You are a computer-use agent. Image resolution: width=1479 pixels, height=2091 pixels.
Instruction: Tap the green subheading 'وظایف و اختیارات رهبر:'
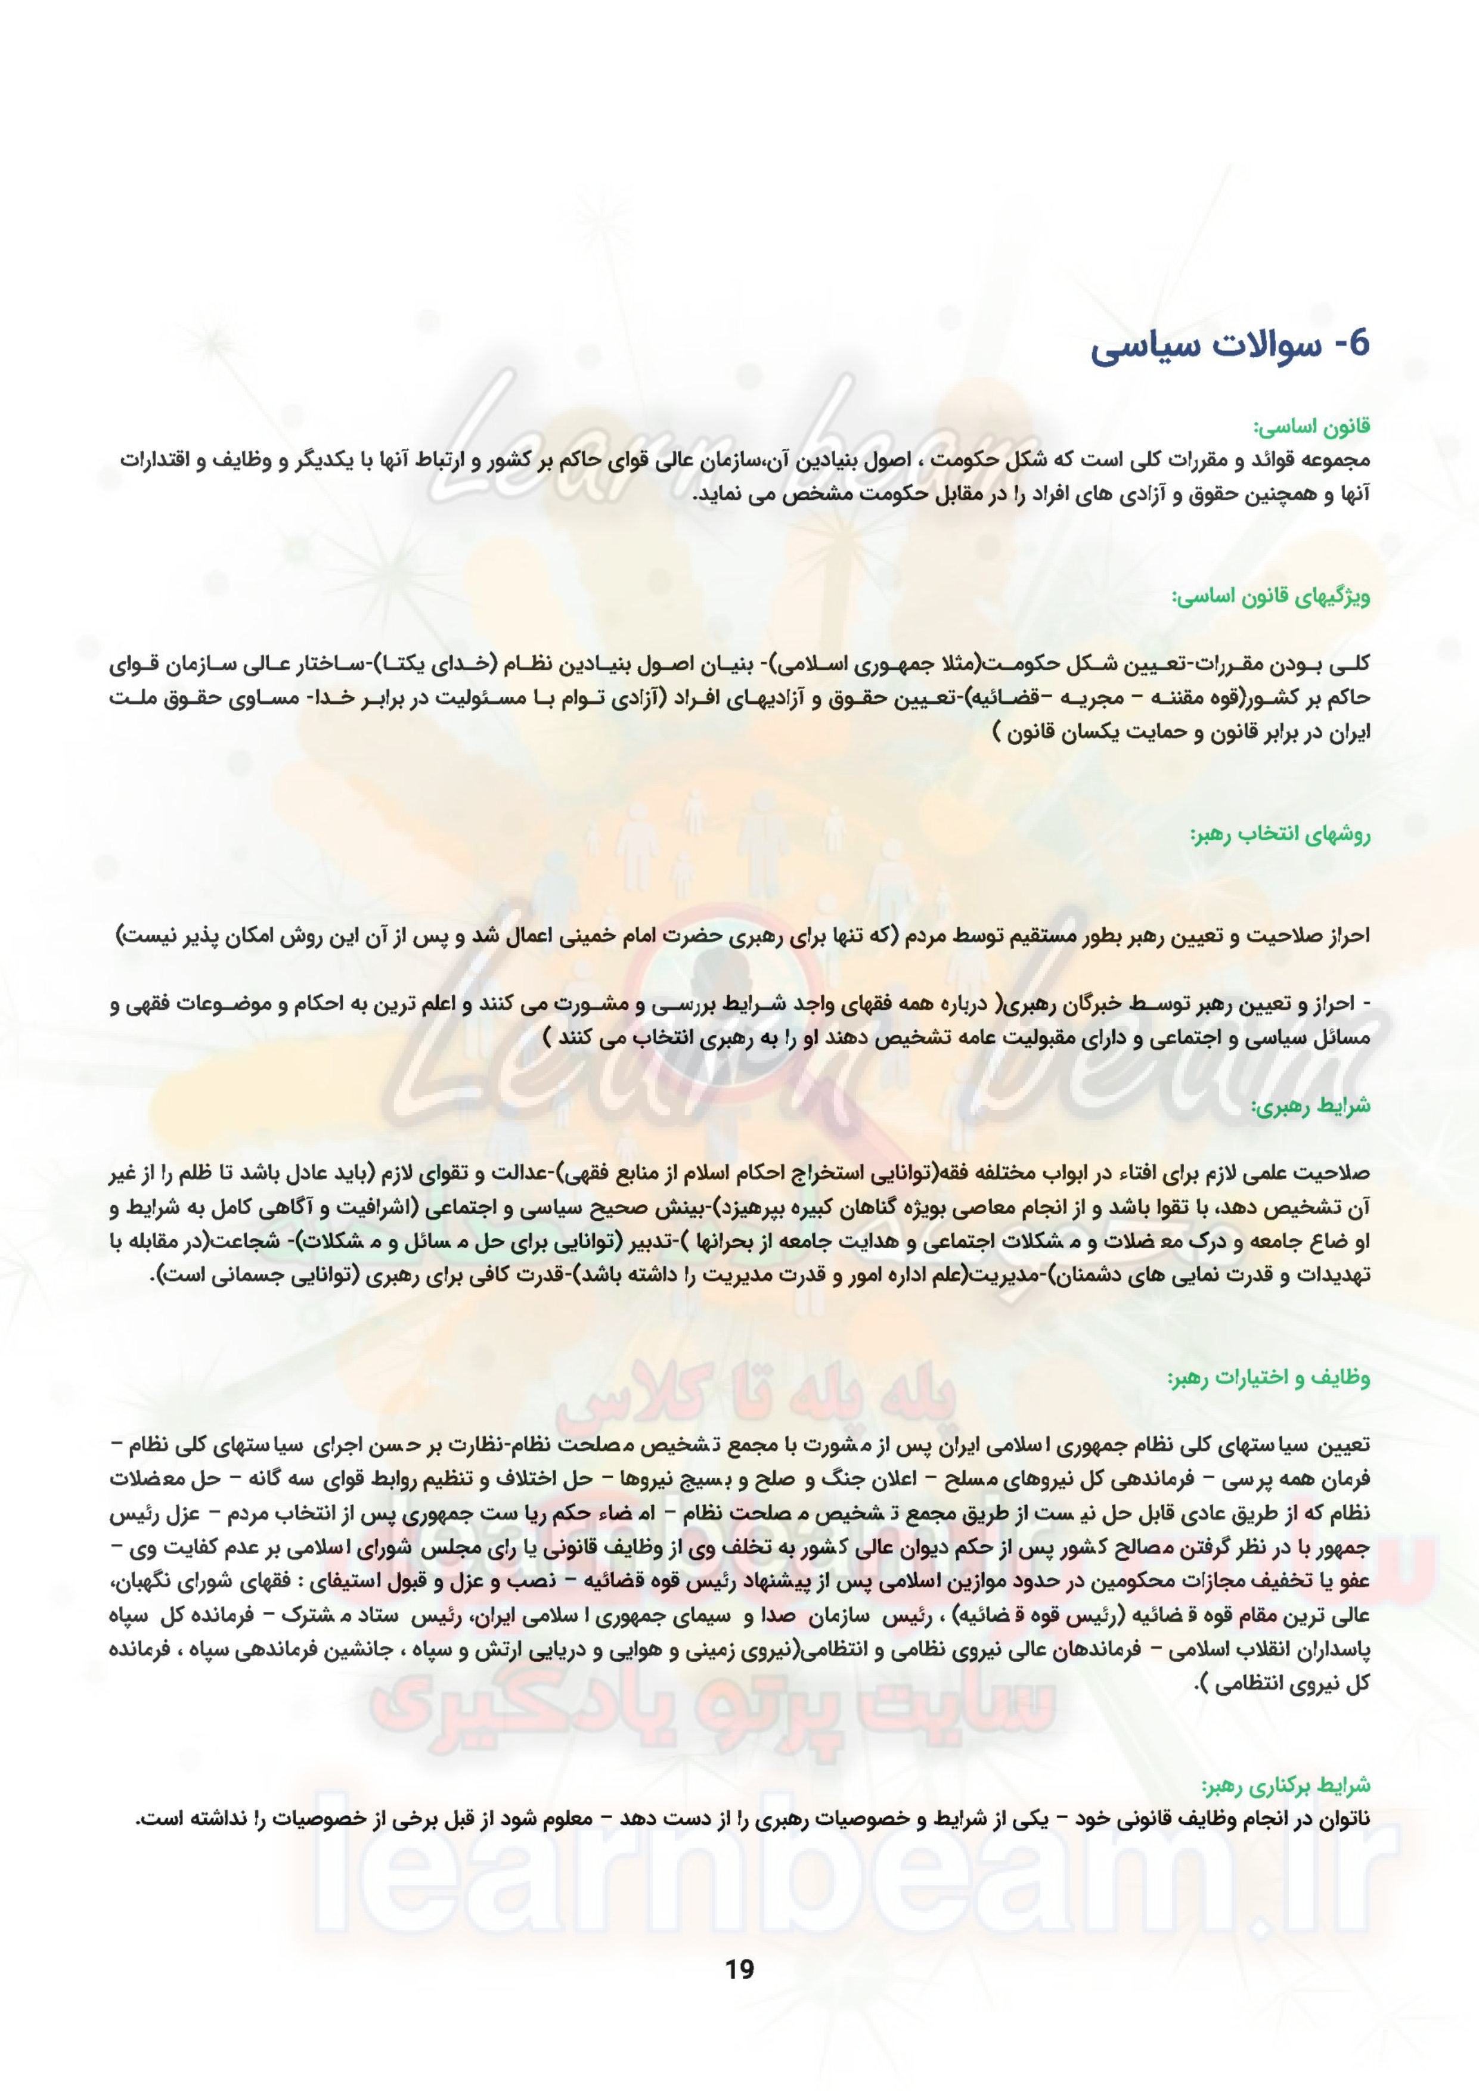[x=1269, y=1379]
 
